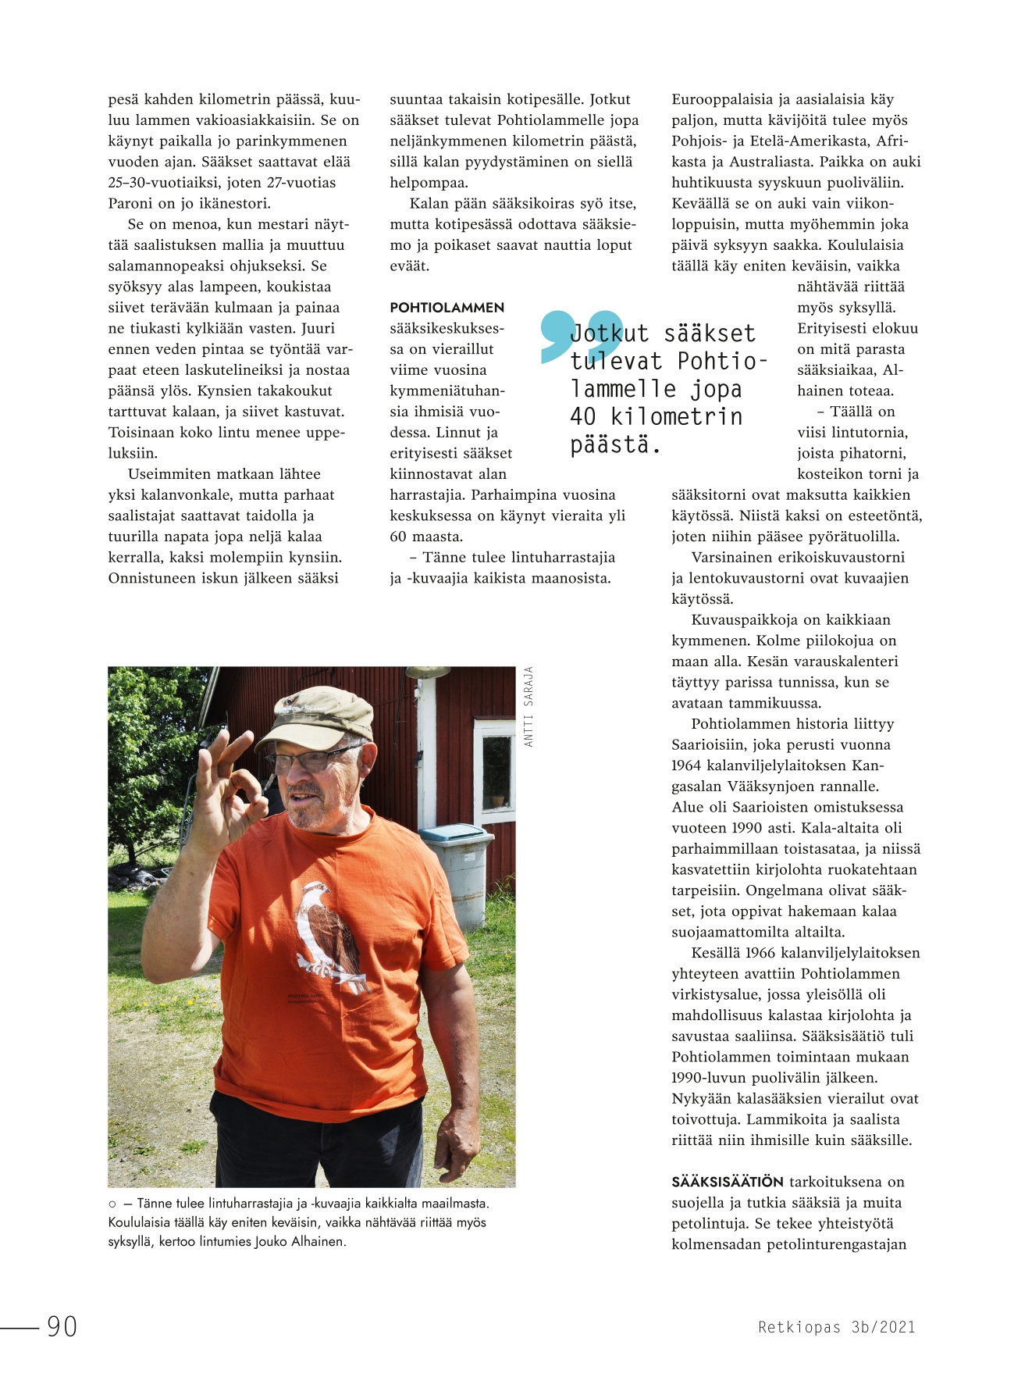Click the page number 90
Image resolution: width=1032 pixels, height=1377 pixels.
(x=62, y=1325)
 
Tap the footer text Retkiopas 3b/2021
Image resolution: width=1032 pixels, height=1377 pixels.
(x=836, y=1326)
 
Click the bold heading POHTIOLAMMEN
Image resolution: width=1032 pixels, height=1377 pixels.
(x=447, y=308)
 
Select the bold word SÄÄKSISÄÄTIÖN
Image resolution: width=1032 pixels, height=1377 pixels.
(x=727, y=1182)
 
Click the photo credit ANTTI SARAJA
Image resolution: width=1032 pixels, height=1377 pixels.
(x=528, y=706)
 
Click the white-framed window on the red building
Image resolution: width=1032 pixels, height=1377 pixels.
(x=495, y=769)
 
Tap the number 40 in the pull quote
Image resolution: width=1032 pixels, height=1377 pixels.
(x=582, y=416)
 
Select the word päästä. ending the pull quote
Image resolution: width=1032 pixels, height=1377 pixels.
(x=615, y=444)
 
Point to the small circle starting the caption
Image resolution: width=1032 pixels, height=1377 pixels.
(x=112, y=1204)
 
